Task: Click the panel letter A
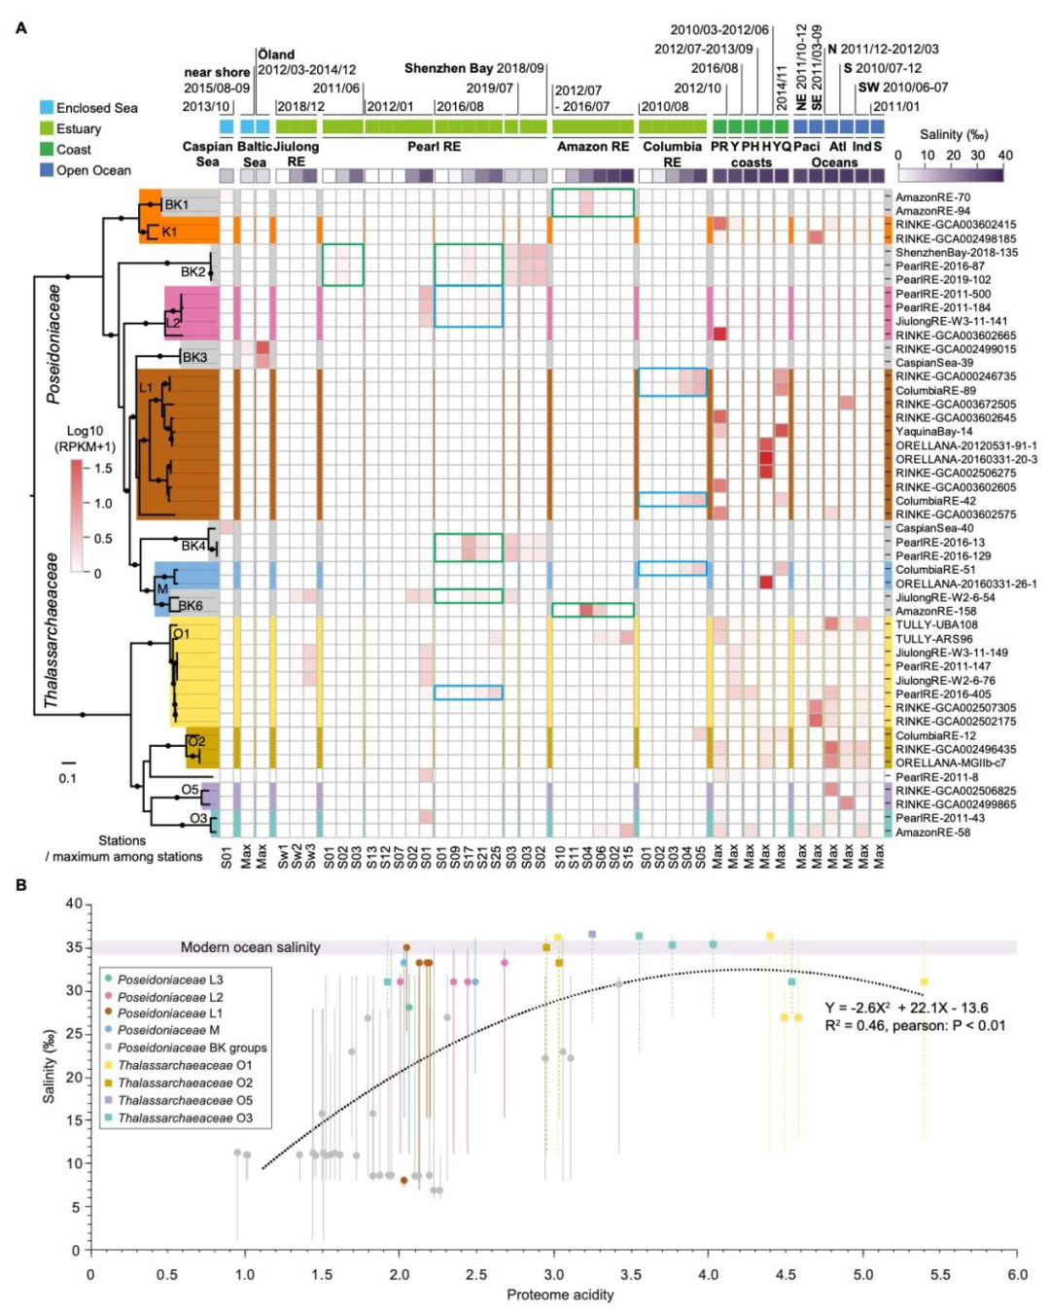click(21, 28)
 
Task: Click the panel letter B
click(21, 885)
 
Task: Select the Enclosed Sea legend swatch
click(47, 108)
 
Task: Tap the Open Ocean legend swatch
click(47, 170)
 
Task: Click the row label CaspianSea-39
click(933, 363)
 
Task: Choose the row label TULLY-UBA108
click(936, 625)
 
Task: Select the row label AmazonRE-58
click(932, 833)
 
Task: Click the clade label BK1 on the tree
click(176, 205)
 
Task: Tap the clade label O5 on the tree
click(191, 790)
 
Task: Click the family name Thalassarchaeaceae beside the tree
click(52, 630)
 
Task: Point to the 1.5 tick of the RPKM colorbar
click(103, 469)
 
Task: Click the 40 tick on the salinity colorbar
click(1004, 156)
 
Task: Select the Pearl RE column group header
click(434, 147)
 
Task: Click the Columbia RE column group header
click(672, 154)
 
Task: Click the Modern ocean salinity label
click(250, 947)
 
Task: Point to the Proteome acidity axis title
click(560, 1295)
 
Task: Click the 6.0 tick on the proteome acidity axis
click(1017, 1274)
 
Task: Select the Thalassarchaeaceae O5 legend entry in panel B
click(185, 1101)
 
